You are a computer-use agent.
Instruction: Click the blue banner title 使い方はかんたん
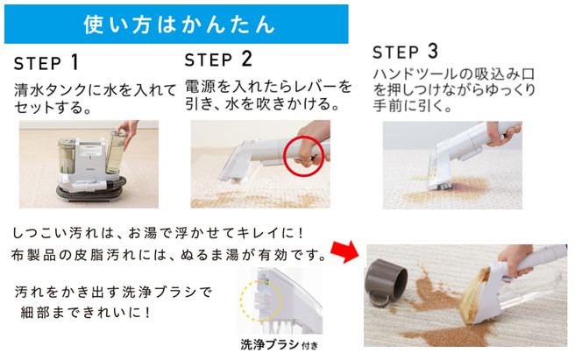coord(177,24)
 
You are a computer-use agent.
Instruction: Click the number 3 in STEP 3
coord(431,51)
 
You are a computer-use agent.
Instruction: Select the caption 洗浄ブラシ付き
coord(271,344)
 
